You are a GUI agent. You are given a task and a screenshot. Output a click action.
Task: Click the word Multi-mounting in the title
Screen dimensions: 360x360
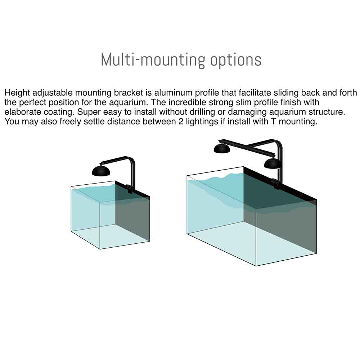(x=152, y=60)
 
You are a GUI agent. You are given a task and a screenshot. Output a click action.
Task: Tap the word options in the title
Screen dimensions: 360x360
(x=236, y=60)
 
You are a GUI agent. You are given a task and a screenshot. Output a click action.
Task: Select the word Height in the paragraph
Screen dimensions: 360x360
(x=17, y=93)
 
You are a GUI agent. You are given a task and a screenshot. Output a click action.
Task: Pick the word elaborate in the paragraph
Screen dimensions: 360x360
(x=20, y=112)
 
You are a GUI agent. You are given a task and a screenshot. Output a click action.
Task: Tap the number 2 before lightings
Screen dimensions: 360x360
(x=181, y=122)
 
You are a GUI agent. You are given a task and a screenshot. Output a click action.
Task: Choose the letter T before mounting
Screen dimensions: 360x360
(x=273, y=122)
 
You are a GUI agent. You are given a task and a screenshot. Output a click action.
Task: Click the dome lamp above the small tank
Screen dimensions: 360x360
(x=101, y=171)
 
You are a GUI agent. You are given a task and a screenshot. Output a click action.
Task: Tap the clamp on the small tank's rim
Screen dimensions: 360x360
(x=130, y=189)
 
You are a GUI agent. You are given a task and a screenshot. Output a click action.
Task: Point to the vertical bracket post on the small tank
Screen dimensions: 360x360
(x=133, y=175)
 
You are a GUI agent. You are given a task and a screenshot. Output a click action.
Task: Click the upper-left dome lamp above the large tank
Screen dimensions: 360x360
(x=222, y=149)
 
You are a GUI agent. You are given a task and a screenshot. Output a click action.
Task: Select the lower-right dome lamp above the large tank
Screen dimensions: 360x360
(x=273, y=163)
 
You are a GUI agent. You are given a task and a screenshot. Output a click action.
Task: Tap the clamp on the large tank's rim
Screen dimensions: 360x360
(x=275, y=184)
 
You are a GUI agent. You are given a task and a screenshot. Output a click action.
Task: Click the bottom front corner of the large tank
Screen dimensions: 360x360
(x=256, y=266)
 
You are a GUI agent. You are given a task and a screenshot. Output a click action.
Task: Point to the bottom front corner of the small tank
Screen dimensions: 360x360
(x=100, y=249)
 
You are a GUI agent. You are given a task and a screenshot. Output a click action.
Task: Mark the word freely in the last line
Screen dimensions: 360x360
(x=70, y=122)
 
